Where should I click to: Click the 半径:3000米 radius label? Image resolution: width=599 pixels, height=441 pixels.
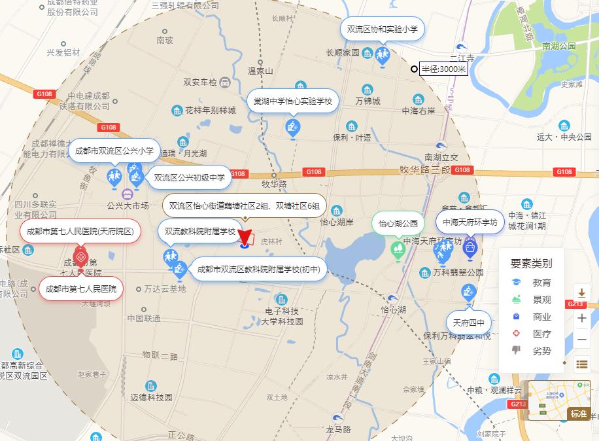click(443, 69)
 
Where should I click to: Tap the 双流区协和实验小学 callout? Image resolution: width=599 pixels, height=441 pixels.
click(383, 29)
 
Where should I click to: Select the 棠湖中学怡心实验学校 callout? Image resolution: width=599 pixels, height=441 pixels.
click(293, 101)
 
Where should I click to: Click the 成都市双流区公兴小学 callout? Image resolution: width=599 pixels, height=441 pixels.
click(114, 150)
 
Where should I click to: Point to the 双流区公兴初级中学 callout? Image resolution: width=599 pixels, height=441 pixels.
click(189, 177)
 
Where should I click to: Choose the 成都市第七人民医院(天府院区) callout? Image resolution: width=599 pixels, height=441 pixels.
click(80, 231)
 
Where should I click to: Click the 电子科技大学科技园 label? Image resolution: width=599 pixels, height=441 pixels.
click(282, 316)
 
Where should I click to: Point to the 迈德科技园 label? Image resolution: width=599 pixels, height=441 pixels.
click(151, 397)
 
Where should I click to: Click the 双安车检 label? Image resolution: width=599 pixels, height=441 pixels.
click(200, 82)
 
